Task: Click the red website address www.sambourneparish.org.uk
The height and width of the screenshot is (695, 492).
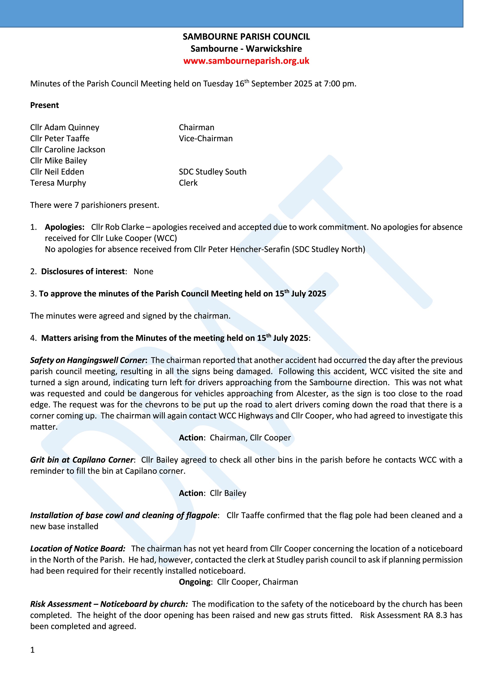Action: coord(246,61)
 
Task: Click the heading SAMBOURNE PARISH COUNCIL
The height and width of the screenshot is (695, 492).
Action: coord(246,37)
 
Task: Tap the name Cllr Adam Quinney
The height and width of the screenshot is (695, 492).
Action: coord(65,127)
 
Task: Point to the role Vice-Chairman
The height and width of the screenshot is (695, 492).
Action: coord(206,139)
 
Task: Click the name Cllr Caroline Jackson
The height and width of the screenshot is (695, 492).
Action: coord(68,149)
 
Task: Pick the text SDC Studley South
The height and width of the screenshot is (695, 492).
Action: coord(212,172)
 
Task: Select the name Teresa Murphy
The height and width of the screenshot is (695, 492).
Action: coord(58,183)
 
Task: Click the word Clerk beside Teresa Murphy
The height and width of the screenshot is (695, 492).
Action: coord(188,183)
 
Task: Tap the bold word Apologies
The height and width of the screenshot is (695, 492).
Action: coord(65,227)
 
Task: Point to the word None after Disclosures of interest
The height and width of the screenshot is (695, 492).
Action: coord(143,272)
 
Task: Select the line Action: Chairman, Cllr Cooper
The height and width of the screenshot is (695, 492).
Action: coord(235,438)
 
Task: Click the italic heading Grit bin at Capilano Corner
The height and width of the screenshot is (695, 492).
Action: coord(82,460)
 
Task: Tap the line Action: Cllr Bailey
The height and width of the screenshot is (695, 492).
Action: coord(212,493)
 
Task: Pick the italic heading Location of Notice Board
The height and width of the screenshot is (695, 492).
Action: coord(78,549)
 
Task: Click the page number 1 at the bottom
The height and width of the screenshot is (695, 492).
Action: coord(33,650)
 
